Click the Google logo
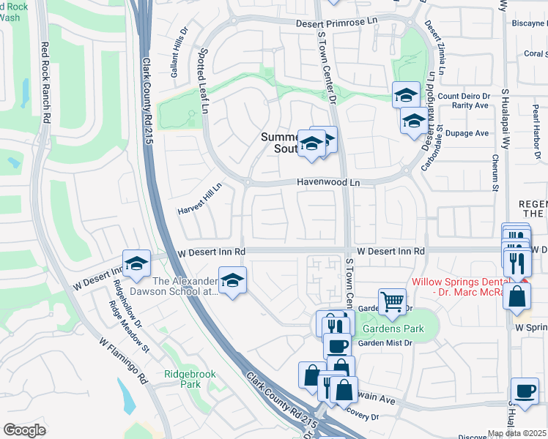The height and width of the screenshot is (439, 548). coord(24,430)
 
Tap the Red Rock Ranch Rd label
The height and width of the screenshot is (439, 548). coord(45,82)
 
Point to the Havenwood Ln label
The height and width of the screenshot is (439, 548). coord(329,182)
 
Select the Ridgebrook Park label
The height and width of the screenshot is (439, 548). coord(190,379)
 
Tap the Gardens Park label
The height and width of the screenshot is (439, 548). coord(393,329)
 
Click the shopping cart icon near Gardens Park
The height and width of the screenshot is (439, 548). coord(393,301)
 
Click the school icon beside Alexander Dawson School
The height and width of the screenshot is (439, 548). coord(232,280)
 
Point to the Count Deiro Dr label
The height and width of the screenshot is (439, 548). coord(464,96)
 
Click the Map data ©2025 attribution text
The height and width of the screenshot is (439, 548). coord(516,433)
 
